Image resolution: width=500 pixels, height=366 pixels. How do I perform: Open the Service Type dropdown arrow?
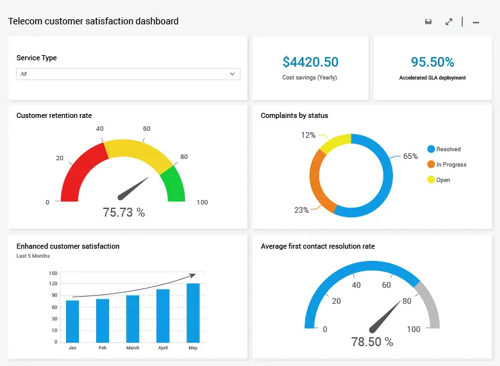click(232, 74)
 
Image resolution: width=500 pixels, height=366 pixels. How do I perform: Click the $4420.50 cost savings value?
click(310, 62)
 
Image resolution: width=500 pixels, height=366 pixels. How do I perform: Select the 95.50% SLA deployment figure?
click(432, 62)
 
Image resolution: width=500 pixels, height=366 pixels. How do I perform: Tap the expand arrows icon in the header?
click(449, 22)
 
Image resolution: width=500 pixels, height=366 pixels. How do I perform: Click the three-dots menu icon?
click(476, 22)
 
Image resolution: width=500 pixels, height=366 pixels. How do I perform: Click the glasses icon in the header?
click(428, 22)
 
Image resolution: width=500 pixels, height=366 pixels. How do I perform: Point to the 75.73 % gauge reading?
click(124, 212)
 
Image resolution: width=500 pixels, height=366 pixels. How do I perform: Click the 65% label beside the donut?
click(410, 156)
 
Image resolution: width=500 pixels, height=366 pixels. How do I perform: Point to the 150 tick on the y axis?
click(53, 273)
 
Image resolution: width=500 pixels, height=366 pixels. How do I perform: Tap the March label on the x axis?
click(133, 348)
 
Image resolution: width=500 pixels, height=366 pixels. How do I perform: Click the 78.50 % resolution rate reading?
click(372, 342)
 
